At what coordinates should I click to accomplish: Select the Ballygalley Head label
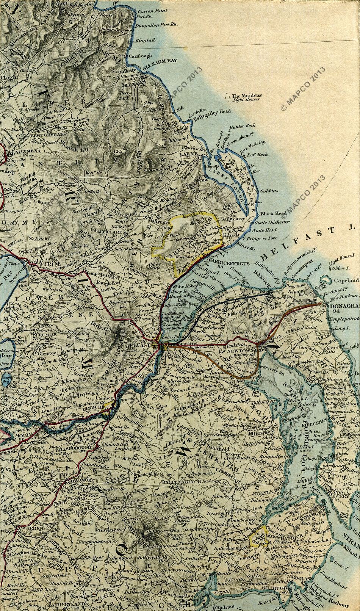[x=212, y=112]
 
